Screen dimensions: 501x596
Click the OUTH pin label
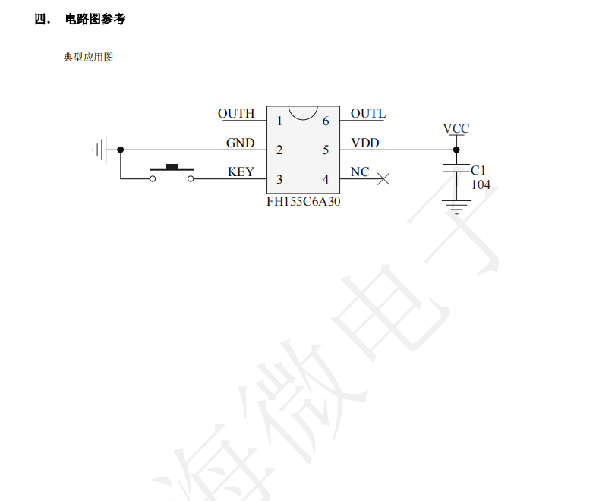[236, 114]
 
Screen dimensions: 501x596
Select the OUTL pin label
[367, 114]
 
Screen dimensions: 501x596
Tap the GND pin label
[240, 143]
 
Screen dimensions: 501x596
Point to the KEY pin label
[241, 172]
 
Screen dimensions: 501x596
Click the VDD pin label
[364, 143]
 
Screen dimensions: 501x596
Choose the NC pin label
[359, 172]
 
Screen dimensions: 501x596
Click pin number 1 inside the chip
[279, 121]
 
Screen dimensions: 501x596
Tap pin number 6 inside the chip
[326, 121]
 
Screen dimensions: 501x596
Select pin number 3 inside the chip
[279, 179]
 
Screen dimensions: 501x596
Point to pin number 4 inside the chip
[326, 179]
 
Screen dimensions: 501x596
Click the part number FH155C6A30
[303, 201]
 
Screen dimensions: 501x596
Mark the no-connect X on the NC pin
[384, 179]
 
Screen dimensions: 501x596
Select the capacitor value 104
[481, 184]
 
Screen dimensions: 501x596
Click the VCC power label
[456, 129]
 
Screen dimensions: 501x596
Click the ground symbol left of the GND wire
[100, 150]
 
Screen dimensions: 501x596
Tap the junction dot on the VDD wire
[456, 150]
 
